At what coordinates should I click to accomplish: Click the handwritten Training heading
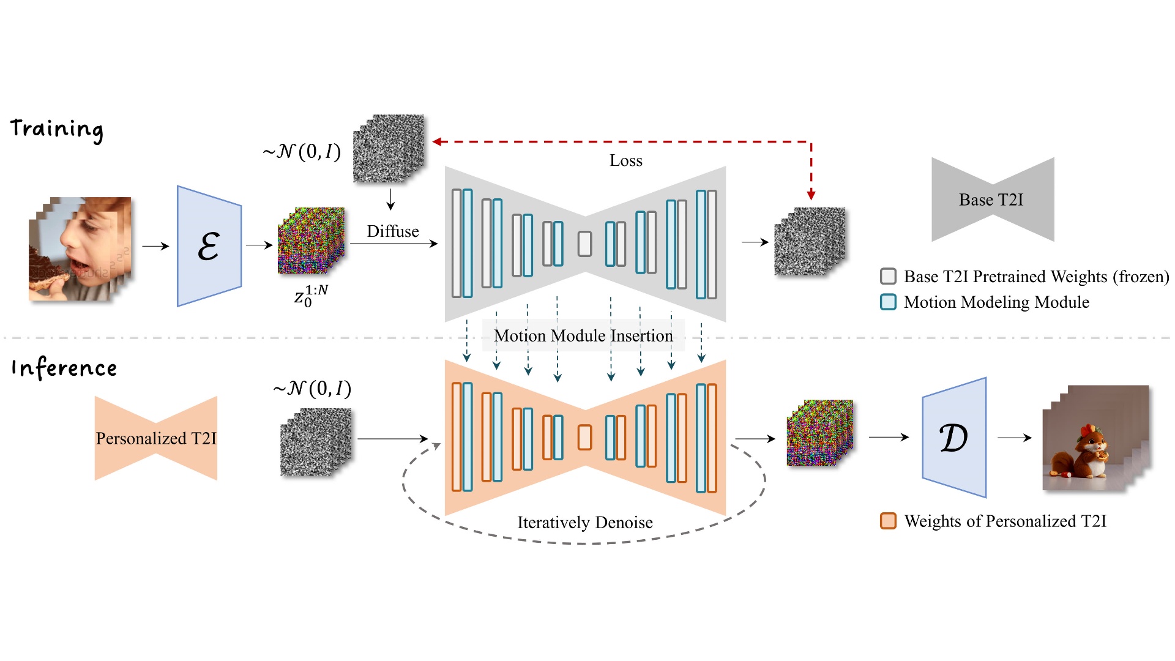[x=57, y=130]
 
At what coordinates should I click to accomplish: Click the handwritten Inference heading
[x=64, y=368]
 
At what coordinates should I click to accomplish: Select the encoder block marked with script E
[x=209, y=246]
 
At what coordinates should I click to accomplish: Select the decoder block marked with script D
[x=953, y=438]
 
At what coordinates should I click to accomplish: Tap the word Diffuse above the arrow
[x=392, y=231]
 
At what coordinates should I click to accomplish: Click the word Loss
[x=625, y=161]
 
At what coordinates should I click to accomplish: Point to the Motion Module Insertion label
[x=583, y=335]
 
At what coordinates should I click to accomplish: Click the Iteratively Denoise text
[x=584, y=523]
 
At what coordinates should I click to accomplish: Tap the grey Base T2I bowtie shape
[x=992, y=200]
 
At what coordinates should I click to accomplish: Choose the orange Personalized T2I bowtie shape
[x=156, y=438]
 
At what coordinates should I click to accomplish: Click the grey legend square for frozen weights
[x=888, y=277]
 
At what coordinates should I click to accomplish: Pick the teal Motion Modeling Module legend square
[x=888, y=302]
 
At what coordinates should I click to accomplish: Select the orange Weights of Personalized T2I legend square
[x=888, y=521]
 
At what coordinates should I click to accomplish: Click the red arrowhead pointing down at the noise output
[x=811, y=195]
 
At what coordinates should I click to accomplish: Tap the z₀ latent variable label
[x=310, y=296]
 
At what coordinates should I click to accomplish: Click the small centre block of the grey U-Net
[x=585, y=244]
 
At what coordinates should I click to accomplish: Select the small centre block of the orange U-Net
[x=585, y=438]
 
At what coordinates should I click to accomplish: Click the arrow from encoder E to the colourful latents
[x=259, y=245]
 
